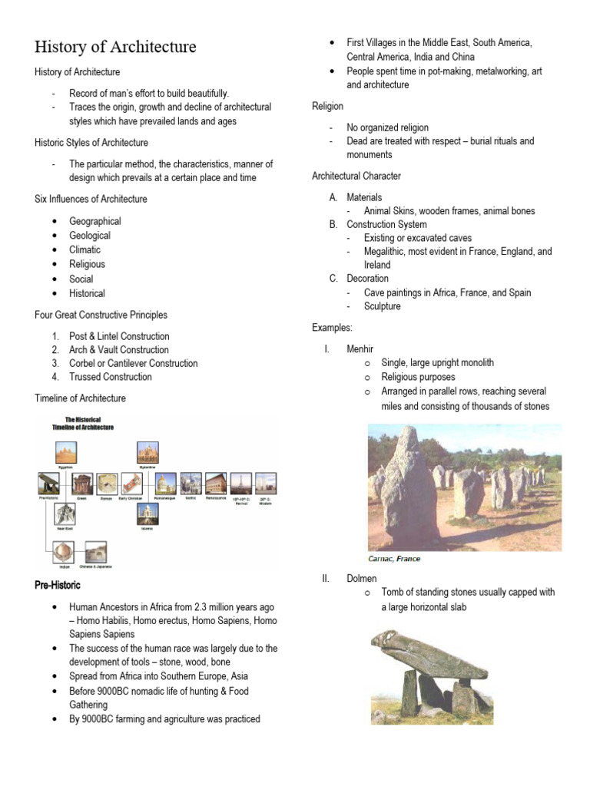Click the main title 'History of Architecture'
coord(115,47)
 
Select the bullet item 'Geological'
coord(90,236)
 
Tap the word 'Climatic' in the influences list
coord(85,249)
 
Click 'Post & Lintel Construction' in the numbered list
coord(119,336)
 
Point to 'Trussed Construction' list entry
coord(111,377)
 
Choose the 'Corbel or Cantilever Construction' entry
coord(133,363)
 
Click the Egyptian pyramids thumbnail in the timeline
coord(65,452)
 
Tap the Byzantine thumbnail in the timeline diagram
coord(147,453)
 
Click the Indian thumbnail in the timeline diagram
coord(65,553)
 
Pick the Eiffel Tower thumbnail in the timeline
coord(240,483)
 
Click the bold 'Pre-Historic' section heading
coord(58,586)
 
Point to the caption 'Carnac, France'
coord(395,559)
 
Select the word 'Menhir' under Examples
coord(360,348)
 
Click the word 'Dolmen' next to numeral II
coord(360,579)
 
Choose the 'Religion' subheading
coord(327,106)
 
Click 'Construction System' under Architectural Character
coord(386,224)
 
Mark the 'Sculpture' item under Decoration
coord(382,306)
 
